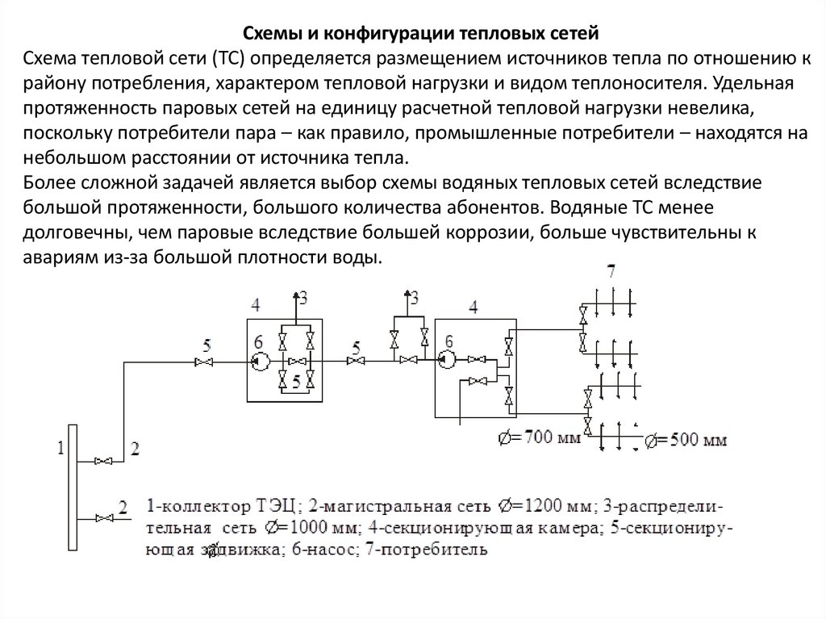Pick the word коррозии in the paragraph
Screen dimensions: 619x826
[x=493, y=233]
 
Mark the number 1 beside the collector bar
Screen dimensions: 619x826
[x=59, y=449]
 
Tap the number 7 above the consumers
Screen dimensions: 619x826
[x=611, y=273]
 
